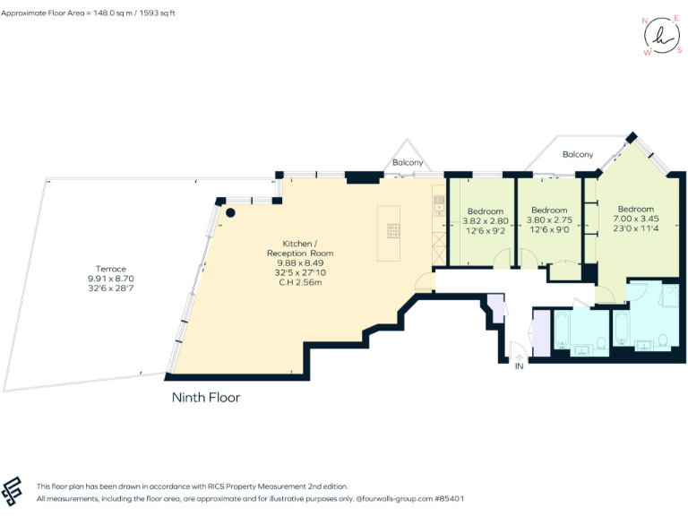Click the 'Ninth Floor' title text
pyautogui.click(x=205, y=397)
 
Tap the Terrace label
pyautogui.click(x=112, y=269)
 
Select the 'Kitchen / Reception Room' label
pyautogui.click(x=298, y=248)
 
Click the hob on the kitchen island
pyautogui.click(x=393, y=230)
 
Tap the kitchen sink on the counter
pyautogui.click(x=438, y=205)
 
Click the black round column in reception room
pyautogui.click(x=230, y=213)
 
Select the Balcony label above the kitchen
pyautogui.click(x=408, y=162)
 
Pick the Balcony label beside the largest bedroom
pyautogui.click(x=578, y=154)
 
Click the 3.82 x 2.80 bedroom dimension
pyautogui.click(x=486, y=220)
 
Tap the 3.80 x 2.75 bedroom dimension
pyautogui.click(x=548, y=220)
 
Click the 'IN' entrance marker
pyautogui.click(x=519, y=365)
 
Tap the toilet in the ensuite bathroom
pyautogui.click(x=663, y=340)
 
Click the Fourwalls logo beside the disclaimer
pyautogui.click(x=13, y=491)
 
